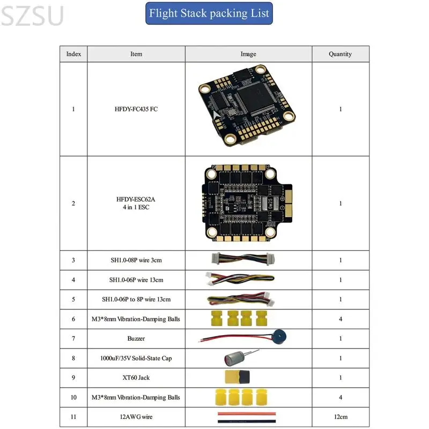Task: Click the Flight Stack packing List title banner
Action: [x=209, y=13]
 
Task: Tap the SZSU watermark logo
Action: [x=32, y=16]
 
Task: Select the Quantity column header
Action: [x=341, y=54]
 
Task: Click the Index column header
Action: [x=73, y=54]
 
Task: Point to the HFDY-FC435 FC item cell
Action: [x=136, y=109]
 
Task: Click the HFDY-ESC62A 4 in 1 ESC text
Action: [x=136, y=203]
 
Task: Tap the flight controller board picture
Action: [x=247, y=105]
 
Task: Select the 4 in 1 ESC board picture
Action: [x=247, y=203]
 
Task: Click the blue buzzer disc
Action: [x=279, y=337]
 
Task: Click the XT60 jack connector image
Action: [x=237, y=378]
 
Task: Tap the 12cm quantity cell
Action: [x=341, y=417]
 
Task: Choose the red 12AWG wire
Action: [x=247, y=413]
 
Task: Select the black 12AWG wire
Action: [x=247, y=421]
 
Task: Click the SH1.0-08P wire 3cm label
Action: [x=136, y=260]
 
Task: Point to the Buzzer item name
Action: [x=136, y=338]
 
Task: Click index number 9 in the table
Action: [x=73, y=378]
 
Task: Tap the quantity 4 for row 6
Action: [x=341, y=319]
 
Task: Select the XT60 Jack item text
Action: [x=136, y=378]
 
